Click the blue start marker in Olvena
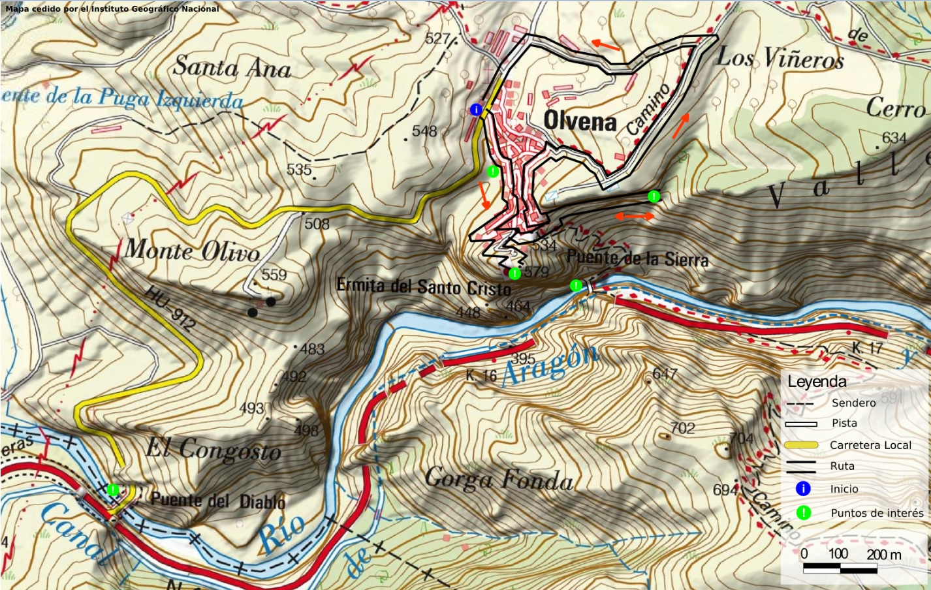pyautogui.click(x=476, y=110)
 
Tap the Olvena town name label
pyautogui.click(x=580, y=121)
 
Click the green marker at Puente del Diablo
pyautogui.click(x=113, y=489)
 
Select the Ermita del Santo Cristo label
pyautogui.click(x=424, y=287)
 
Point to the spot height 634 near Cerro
pyautogui.click(x=894, y=138)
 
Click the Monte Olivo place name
pyautogui.click(x=192, y=251)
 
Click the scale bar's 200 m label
pyautogui.click(x=884, y=555)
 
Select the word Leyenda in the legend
pyautogui.click(x=817, y=382)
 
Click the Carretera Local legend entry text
pyautogui.click(x=870, y=445)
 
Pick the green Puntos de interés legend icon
pyautogui.click(x=803, y=513)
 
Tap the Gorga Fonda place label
pyautogui.click(x=499, y=480)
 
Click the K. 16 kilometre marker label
pyautogui.click(x=481, y=376)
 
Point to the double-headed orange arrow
pyautogui.click(x=635, y=216)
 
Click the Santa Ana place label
pyautogui.click(x=232, y=67)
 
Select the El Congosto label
pyautogui.click(x=213, y=450)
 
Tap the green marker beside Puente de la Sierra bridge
pyautogui.click(x=576, y=285)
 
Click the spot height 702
pyautogui.click(x=682, y=428)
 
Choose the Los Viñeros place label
pyautogui.click(x=780, y=59)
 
